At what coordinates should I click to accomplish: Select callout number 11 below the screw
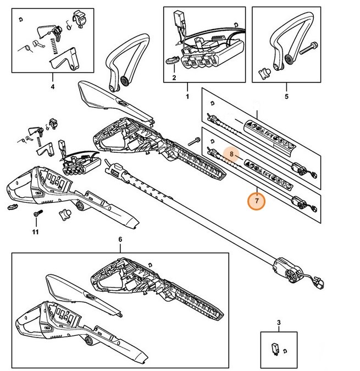click(36, 232)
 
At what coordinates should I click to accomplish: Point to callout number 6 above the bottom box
click(120, 240)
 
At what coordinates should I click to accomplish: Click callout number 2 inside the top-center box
click(174, 79)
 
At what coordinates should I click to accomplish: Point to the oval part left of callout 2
click(170, 60)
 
